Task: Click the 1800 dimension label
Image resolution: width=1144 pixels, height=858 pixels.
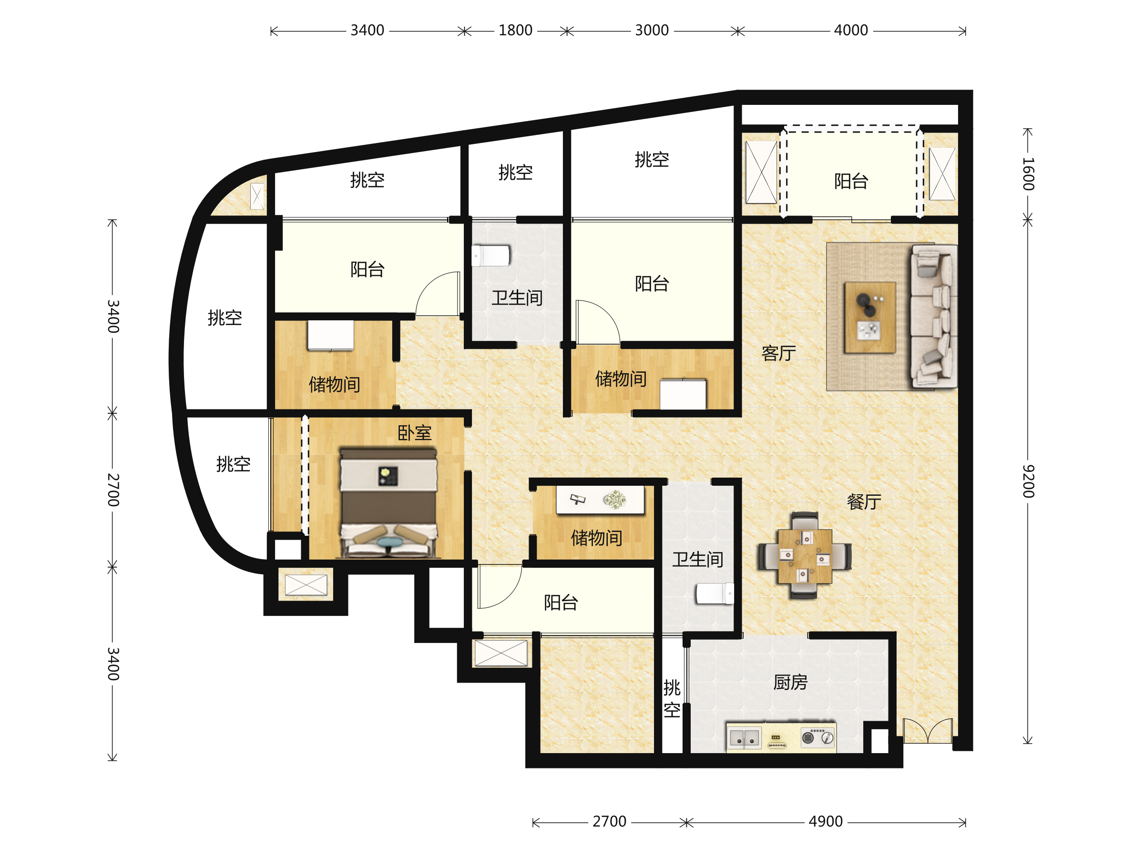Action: [515, 31]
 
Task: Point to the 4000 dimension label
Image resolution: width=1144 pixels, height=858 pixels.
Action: [851, 31]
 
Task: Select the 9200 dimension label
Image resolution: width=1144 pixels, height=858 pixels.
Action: [1028, 481]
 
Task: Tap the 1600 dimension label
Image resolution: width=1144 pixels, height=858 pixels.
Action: [1028, 174]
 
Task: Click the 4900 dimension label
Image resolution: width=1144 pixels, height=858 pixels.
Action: [826, 821]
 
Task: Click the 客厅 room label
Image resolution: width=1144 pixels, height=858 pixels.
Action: [778, 353]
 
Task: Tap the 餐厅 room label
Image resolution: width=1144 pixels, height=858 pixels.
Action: [864, 501]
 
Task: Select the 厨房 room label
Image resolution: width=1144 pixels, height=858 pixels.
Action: [790, 683]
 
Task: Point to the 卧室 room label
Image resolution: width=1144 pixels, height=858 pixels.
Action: [414, 433]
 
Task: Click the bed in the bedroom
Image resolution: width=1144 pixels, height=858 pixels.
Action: [388, 503]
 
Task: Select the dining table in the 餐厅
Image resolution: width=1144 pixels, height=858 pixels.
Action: [805, 556]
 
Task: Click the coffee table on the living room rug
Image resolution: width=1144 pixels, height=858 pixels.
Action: [870, 317]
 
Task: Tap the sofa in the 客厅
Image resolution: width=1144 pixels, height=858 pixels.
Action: [934, 316]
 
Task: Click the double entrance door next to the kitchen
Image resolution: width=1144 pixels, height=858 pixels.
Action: [928, 731]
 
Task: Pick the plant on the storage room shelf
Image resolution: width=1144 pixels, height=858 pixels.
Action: [615, 500]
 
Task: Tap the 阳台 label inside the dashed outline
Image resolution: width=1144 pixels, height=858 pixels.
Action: [851, 181]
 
